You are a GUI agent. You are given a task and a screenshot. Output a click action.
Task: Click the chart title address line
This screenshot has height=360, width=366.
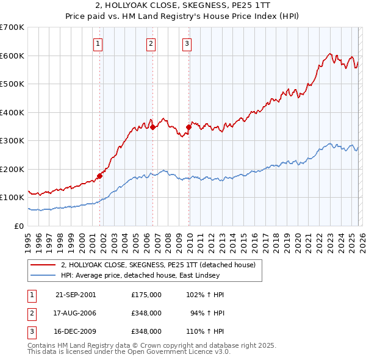[182, 6]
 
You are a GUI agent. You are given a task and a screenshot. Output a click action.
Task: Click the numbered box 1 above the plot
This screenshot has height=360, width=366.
[98, 43]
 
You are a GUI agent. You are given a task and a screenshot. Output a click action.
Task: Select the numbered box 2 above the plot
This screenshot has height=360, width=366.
[151, 43]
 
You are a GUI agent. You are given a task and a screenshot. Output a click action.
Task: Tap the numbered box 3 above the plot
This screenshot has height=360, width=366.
[187, 43]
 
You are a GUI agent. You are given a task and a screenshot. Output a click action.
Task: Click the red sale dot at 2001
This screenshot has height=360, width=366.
[99, 176]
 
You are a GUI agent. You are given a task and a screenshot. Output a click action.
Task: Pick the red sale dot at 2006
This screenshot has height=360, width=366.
[152, 127]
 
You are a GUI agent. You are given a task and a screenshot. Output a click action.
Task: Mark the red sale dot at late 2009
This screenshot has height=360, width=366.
[188, 127]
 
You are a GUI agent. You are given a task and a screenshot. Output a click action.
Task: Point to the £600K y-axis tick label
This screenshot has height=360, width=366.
[12, 56]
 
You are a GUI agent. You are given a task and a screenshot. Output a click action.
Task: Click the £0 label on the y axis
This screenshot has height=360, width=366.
[18, 226]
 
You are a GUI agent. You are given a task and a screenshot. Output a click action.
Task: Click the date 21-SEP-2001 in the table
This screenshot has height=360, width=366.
[76, 294]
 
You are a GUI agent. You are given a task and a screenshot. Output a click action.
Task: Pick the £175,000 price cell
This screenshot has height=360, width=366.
[146, 294]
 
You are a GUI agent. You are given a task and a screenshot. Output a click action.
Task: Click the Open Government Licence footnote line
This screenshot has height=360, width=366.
[129, 352]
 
